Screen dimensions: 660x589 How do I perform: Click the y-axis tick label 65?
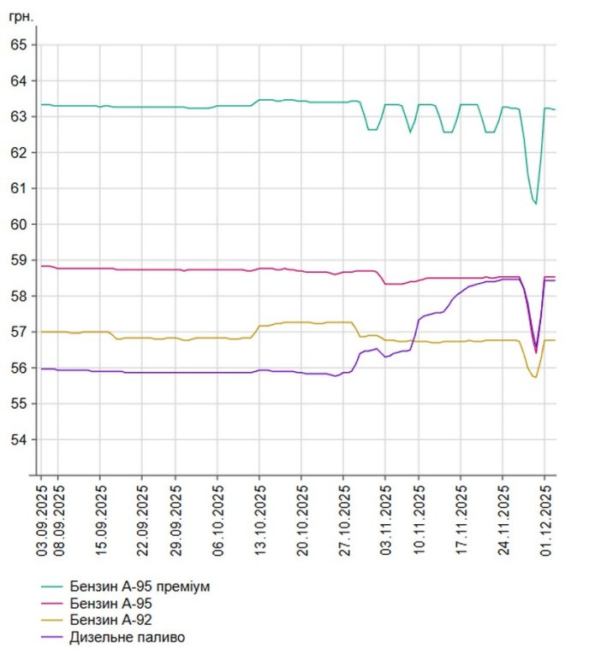[x=17, y=44]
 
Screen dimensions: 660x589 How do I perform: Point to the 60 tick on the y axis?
[x=17, y=224]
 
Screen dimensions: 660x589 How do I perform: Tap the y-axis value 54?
[x=17, y=439]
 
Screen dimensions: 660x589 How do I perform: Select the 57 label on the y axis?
[x=17, y=332]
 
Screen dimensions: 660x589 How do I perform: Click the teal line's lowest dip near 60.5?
[x=536, y=203]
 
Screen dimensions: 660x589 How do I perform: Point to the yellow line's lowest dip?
[x=535, y=377]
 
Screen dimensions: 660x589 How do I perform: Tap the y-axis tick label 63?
[x=17, y=116]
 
